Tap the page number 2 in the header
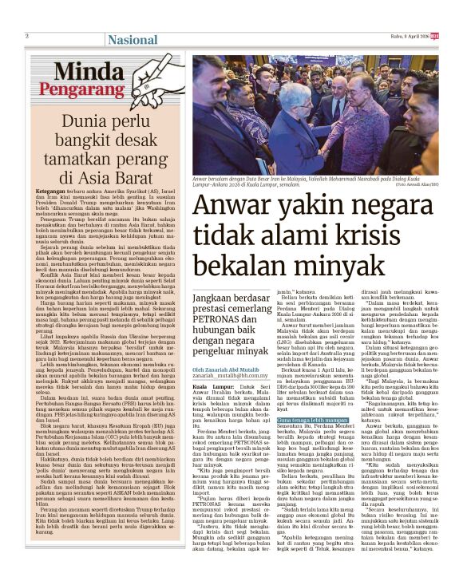(26, 36)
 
